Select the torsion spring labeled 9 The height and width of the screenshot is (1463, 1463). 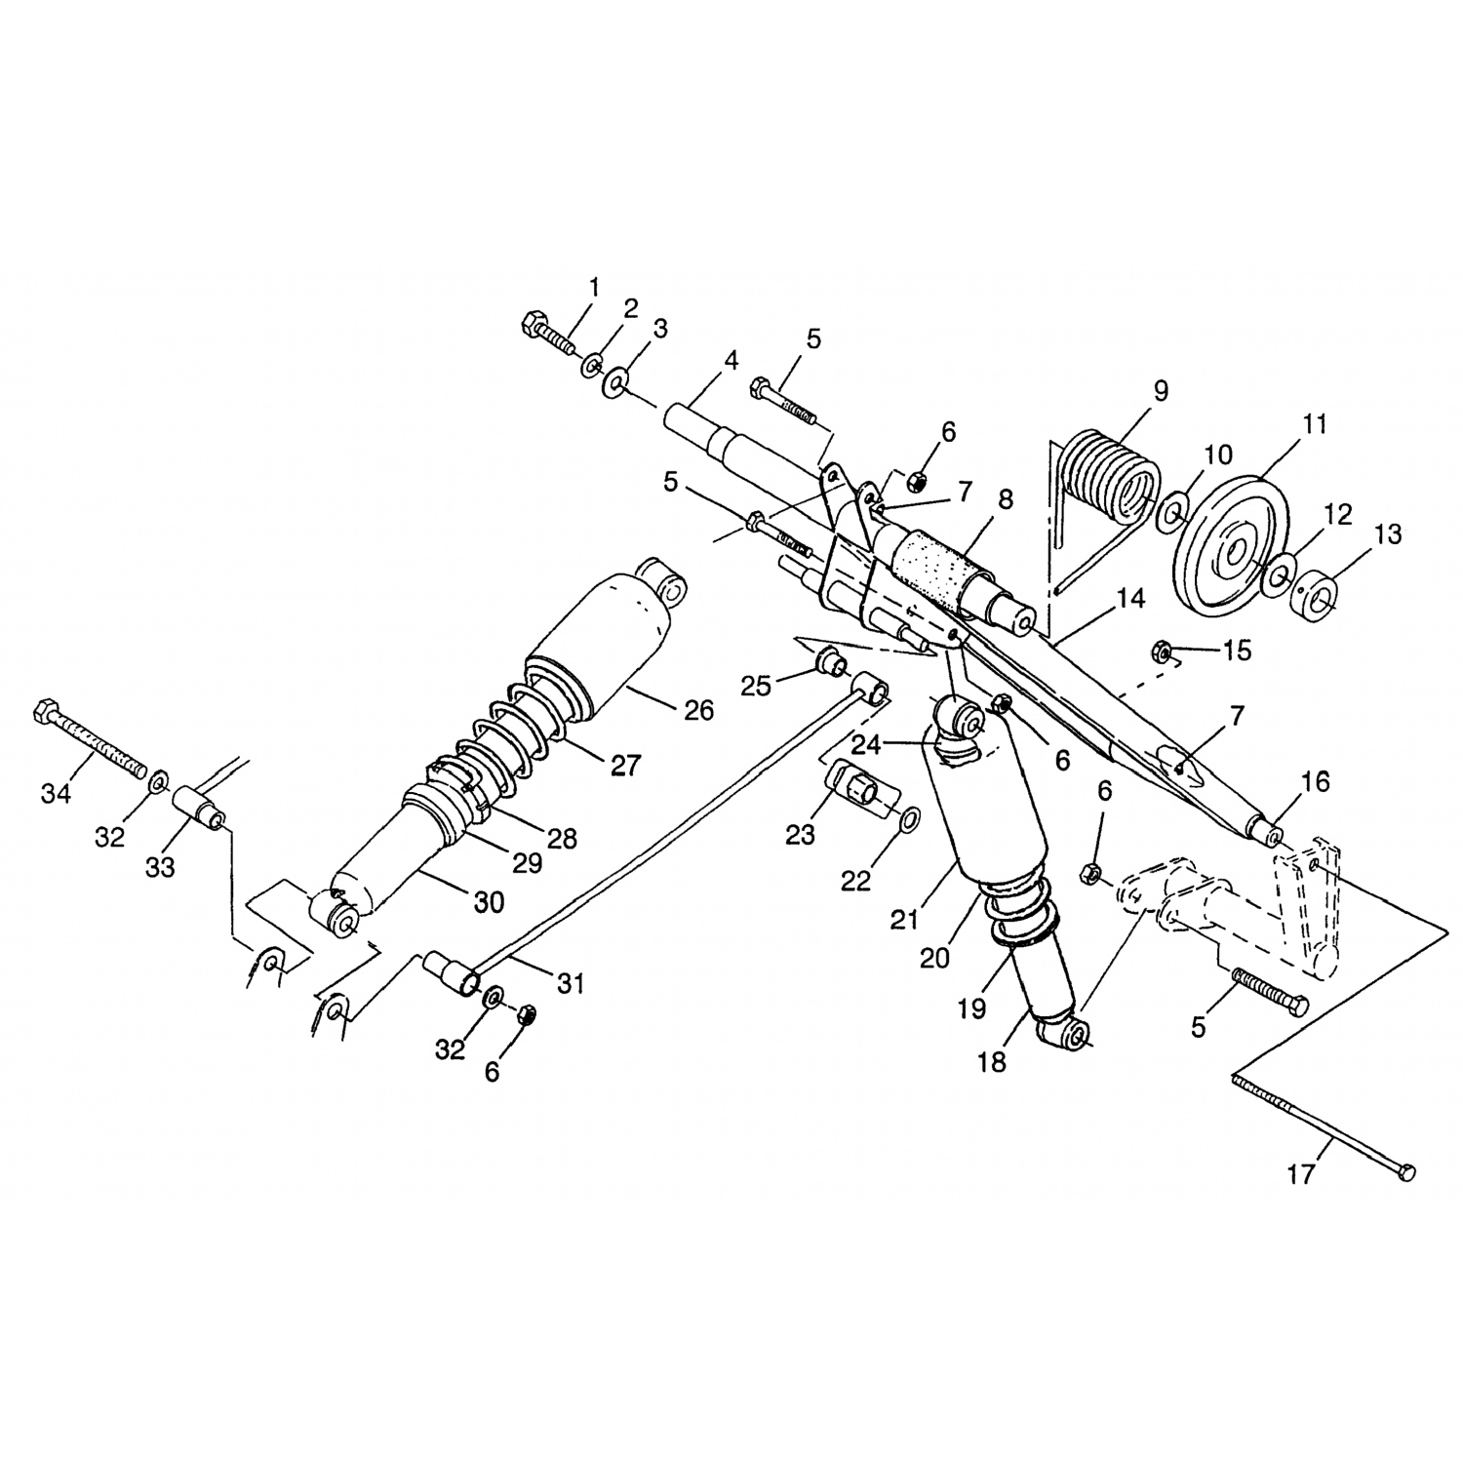click(1110, 478)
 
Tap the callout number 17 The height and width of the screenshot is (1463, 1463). click(1300, 1175)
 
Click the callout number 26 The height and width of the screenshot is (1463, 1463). click(698, 710)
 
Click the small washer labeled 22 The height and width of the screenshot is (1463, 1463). click(905, 819)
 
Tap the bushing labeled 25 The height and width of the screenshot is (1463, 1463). click(830, 665)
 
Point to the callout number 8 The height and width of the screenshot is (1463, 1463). click(1006, 499)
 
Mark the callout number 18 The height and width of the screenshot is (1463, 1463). click(991, 1061)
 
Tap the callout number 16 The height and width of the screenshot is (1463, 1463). click(1315, 781)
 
